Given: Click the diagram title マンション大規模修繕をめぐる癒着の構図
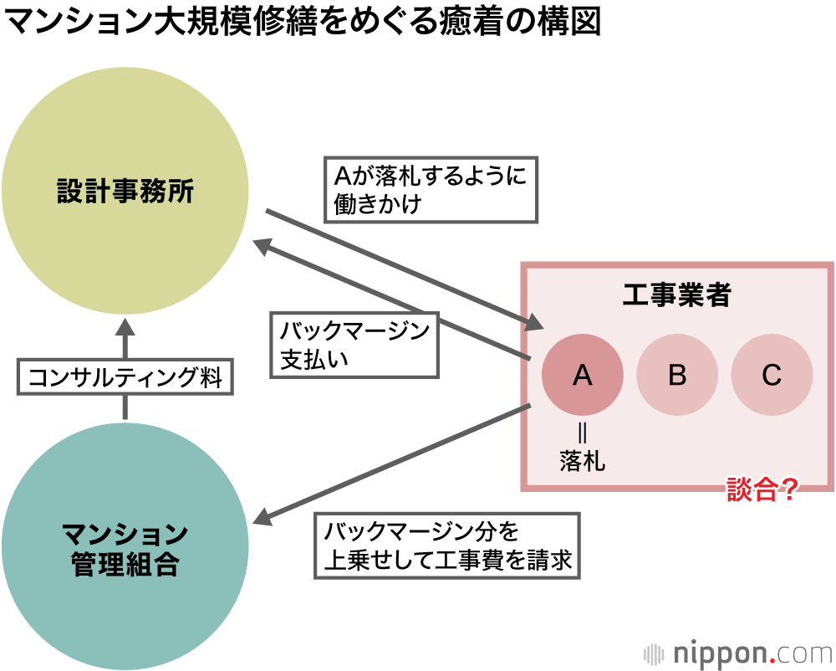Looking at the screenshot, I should point(303,23).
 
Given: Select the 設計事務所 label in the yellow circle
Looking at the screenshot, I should point(125,192).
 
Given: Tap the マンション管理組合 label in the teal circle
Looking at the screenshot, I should point(125,548).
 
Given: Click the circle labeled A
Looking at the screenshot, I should point(583,376).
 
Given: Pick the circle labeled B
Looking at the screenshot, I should point(677,376).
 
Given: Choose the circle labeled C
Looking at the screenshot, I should point(772,376).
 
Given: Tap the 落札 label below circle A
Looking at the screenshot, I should point(583,461).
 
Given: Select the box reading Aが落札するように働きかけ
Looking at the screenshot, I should point(430,190).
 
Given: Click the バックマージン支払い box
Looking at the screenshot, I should point(354,345).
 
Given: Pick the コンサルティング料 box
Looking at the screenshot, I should point(125,377).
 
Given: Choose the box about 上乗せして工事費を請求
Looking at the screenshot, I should point(447,546).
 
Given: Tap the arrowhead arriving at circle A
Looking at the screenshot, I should point(535,325).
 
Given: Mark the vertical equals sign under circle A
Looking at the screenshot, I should point(583,433).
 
